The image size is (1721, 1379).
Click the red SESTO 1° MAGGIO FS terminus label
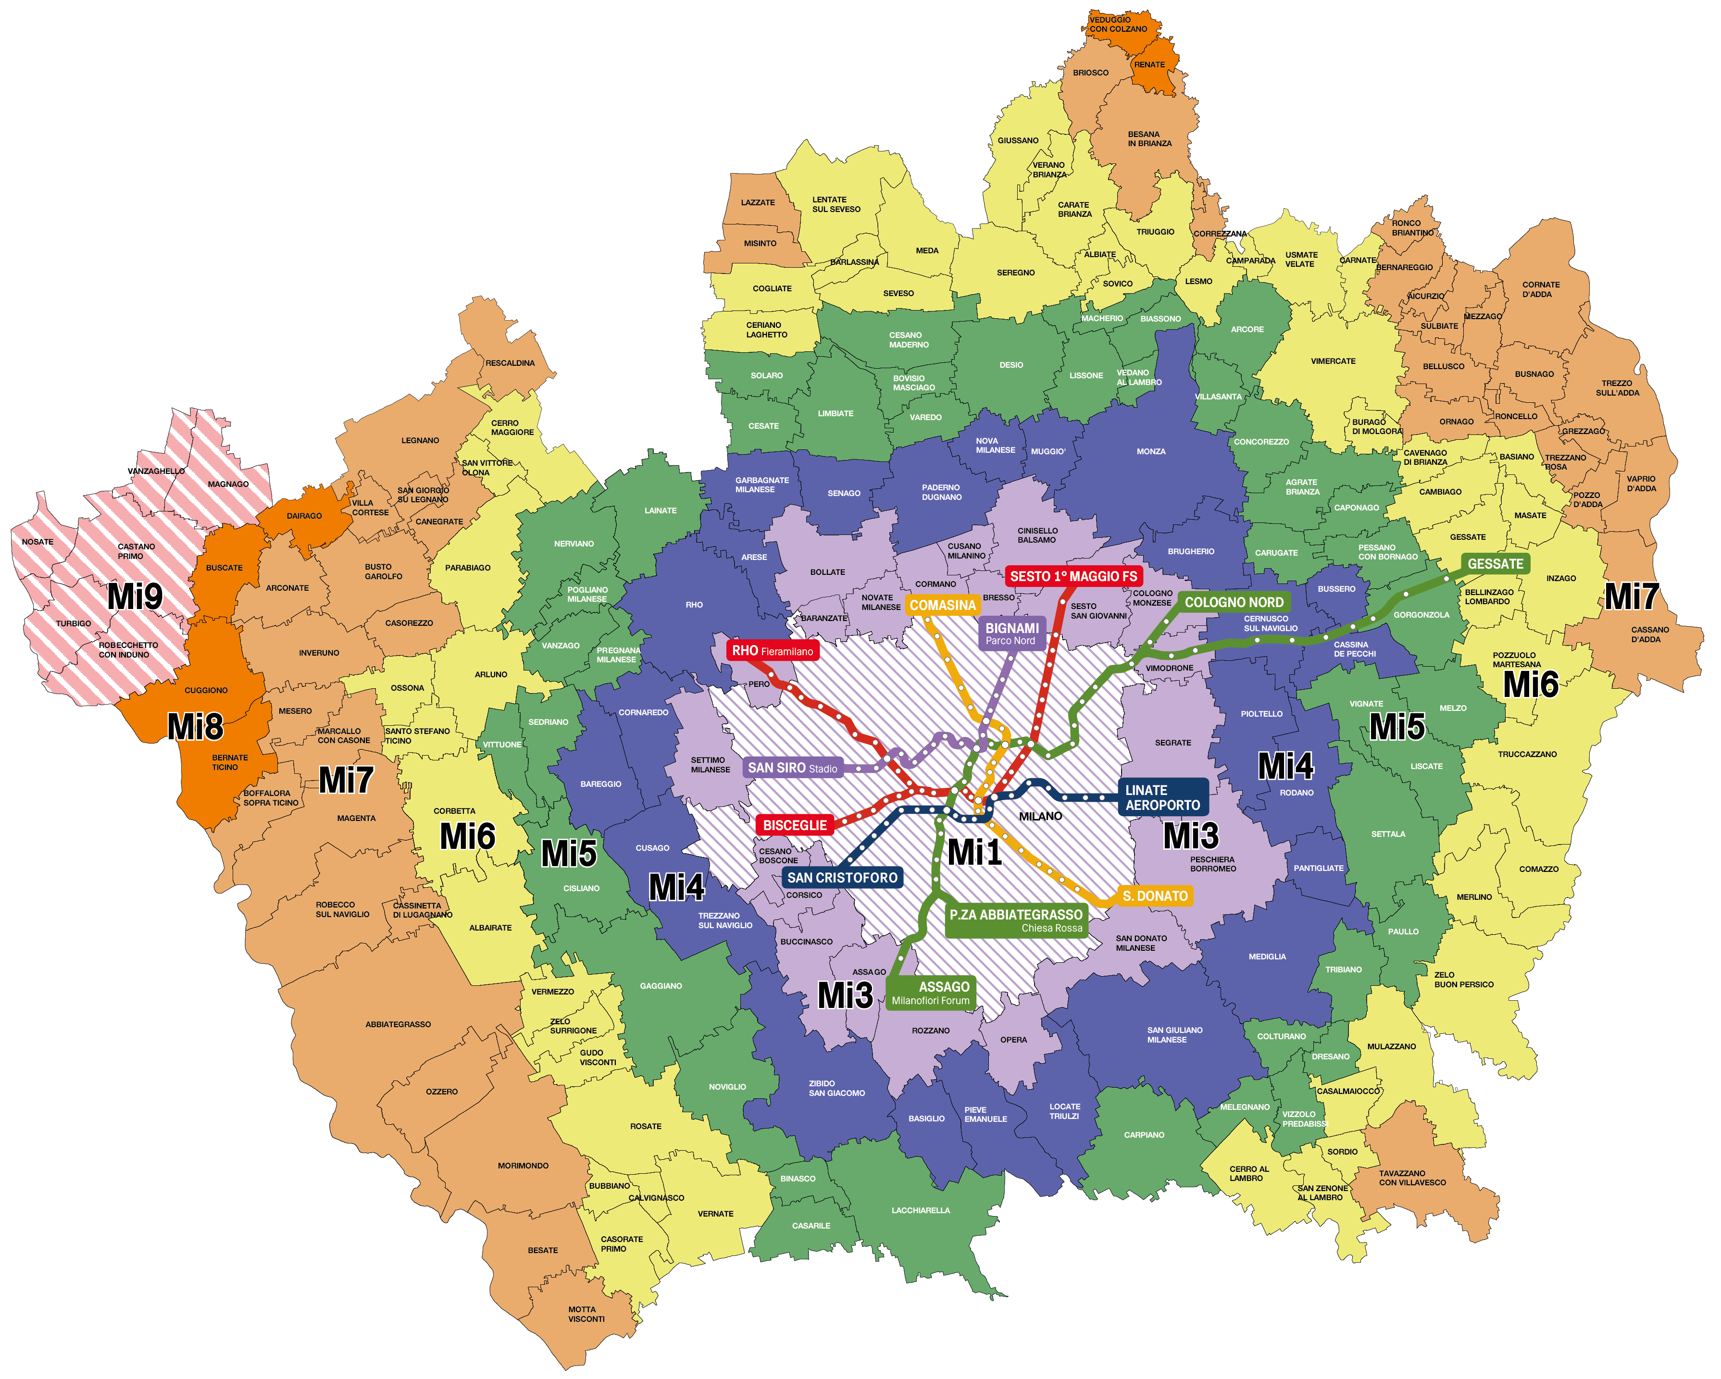[x=1073, y=576]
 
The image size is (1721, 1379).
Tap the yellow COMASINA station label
[x=943, y=605]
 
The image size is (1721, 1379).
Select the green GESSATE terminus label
[x=1495, y=563]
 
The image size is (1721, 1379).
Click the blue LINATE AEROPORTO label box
[x=1162, y=797]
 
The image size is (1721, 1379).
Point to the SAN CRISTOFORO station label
[x=842, y=878]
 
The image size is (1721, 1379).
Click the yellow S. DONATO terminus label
[x=1155, y=896]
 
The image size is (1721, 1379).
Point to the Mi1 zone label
[x=974, y=852]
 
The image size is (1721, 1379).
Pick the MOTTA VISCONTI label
[x=586, y=1314]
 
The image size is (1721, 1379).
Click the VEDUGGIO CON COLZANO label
[x=1118, y=25]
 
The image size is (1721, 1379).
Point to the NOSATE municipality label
[x=37, y=542]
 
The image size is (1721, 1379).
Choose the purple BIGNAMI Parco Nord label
[x=1011, y=633]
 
